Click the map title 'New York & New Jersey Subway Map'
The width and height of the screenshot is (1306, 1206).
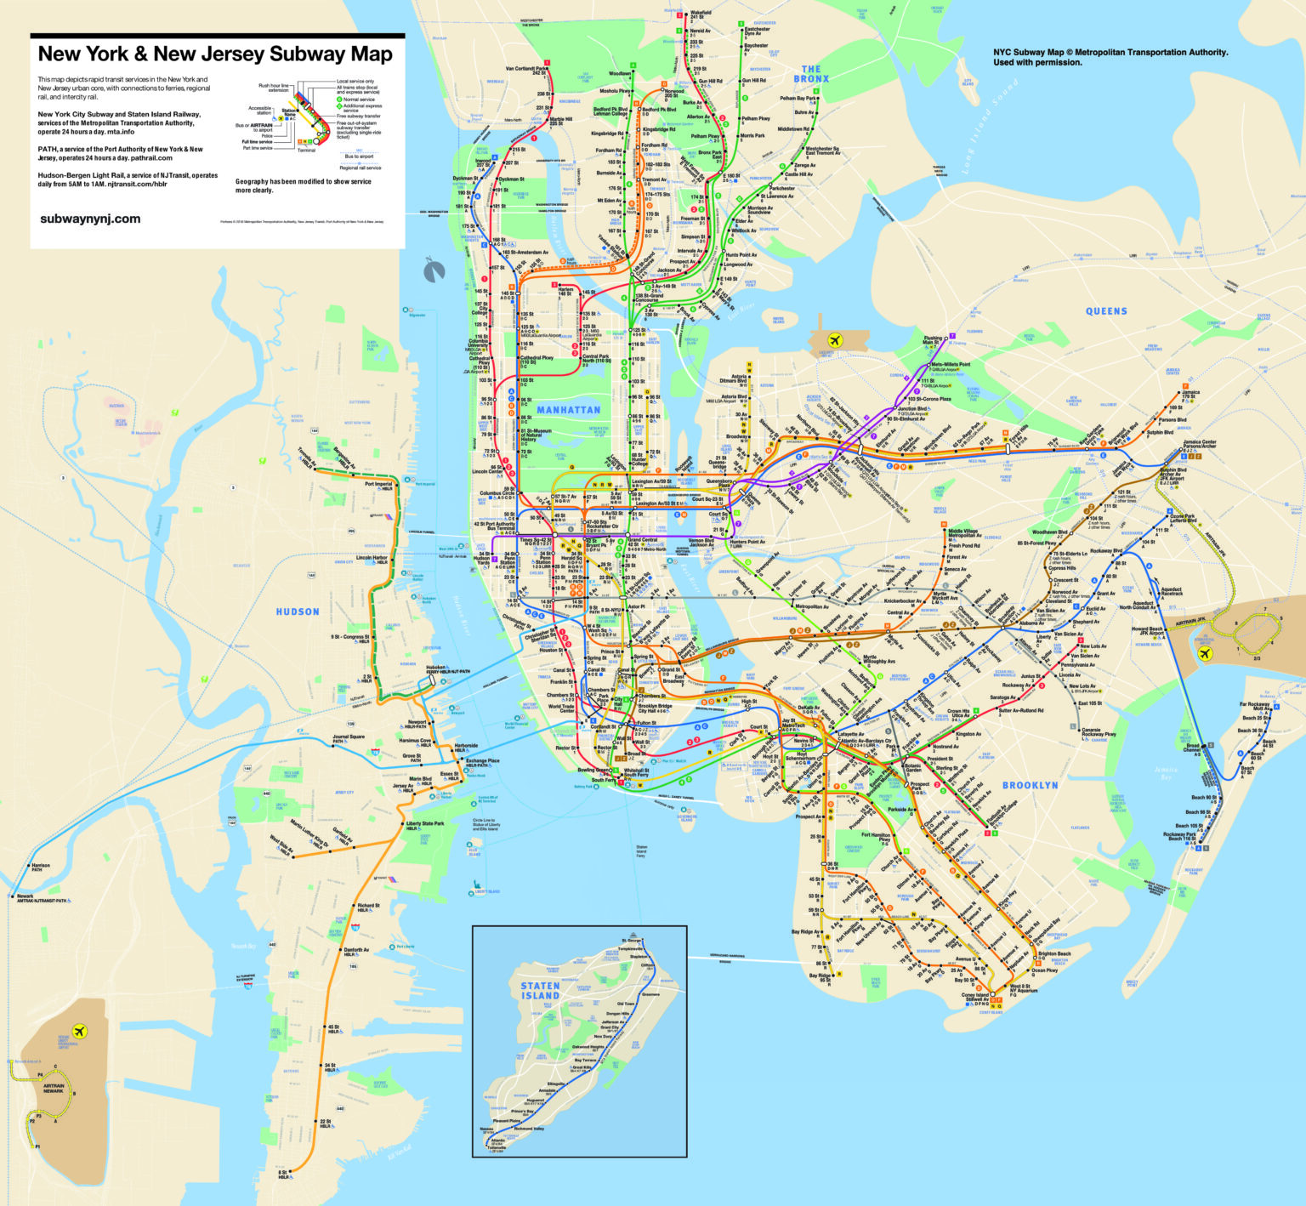pos(215,54)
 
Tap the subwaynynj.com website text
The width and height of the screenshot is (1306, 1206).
pos(90,219)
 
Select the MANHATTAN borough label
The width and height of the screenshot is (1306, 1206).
pos(568,410)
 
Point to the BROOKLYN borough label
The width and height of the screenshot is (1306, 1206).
pos(1030,785)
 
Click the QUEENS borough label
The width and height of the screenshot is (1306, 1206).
pos(1106,311)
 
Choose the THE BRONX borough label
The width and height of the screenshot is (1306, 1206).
pos(811,74)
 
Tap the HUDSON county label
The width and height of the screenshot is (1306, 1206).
pos(298,612)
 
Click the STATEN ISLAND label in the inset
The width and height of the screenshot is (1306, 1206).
pos(541,991)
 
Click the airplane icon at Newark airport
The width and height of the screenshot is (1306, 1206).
pos(80,1031)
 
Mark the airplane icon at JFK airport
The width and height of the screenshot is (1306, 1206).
pos(1204,654)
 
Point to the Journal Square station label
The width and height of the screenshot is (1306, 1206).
pos(349,738)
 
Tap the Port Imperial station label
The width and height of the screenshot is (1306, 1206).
pos(378,485)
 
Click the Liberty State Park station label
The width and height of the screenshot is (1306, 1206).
pos(425,823)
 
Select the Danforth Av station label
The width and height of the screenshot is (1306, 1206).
pos(355,951)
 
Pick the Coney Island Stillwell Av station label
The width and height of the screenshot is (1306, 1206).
pos(975,997)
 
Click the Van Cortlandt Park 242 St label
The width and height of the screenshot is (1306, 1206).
pos(527,71)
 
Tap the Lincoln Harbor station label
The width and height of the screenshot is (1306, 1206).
pos(372,560)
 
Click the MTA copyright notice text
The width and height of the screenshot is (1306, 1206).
pos(1110,57)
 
